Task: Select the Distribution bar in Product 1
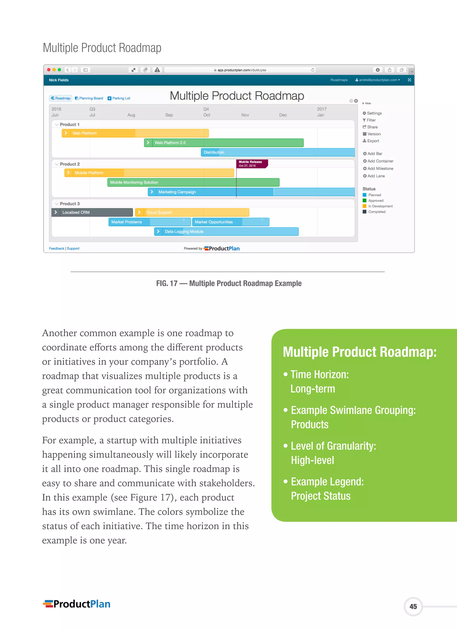click(277, 152)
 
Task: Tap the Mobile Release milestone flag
click(251, 164)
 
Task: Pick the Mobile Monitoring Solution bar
click(193, 182)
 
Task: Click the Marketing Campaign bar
click(211, 192)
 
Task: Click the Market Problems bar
click(150, 222)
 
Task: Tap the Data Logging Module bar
click(226, 232)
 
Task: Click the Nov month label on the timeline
click(245, 115)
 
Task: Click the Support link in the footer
click(73, 248)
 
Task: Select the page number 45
click(413, 606)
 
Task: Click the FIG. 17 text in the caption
click(166, 283)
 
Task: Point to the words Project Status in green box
click(321, 496)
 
